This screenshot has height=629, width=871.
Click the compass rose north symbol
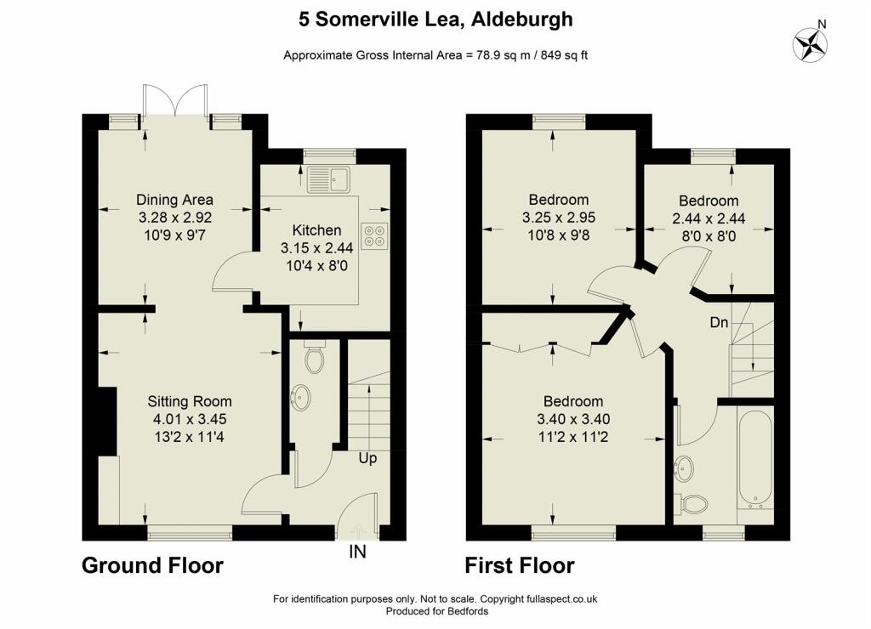click(x=810, y=44)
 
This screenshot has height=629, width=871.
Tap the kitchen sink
click(x=328, y=178)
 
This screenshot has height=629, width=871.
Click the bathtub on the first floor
click(x=755, y=461)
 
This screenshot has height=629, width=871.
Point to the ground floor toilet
click(x=315, y=358)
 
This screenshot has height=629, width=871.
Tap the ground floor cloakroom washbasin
click(x=301, y=398)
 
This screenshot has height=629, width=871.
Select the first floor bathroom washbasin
click(x=683, y=469)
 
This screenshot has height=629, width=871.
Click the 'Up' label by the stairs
click(x=367, y=458)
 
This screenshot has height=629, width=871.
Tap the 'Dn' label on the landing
click(x=719, y=322)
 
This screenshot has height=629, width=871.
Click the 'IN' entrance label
click(x=358, y=552)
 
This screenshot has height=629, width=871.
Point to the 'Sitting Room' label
click(x=190, y=401)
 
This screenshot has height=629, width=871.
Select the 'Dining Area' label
click(x=174, y=200)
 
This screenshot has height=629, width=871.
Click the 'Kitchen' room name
click(x=316, y=229)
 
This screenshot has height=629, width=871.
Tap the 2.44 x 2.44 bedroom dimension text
click(x=709, y=218)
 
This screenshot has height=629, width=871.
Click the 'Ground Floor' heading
click(x=152, y=566)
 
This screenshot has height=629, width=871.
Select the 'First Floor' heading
click(x=520, y=566)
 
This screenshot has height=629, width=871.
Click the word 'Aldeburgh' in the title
click(x=521, y=20)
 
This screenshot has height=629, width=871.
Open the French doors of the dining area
click(x=175, y=100)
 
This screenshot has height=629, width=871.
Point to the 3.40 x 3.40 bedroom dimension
click(x=573, y=419)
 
